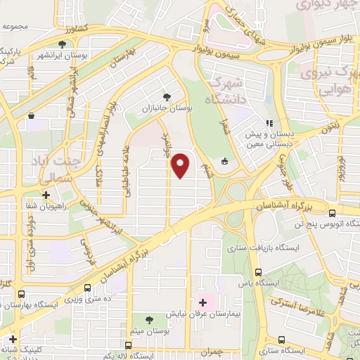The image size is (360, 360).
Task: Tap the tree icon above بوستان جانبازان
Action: (167, 96)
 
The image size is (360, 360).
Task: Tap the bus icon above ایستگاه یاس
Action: (258, 272)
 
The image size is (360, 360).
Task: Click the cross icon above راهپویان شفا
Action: (46, 195)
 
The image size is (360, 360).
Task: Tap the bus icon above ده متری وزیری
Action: (87, 288)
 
